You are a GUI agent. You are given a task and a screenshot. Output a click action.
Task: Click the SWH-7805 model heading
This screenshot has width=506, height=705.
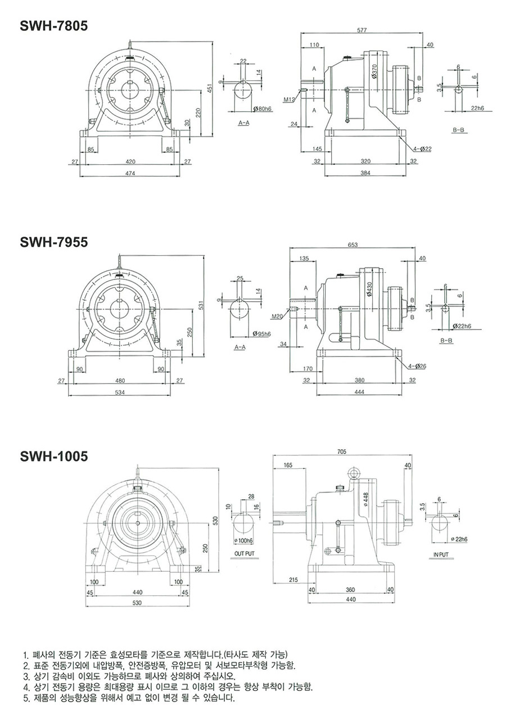pos(54,26)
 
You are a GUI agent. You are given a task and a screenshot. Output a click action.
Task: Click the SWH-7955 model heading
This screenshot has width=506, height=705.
pos(54,242)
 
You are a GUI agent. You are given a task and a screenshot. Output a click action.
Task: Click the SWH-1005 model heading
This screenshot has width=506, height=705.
pos(54,456)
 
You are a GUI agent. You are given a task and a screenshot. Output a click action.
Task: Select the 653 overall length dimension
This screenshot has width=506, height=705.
pos(353,245)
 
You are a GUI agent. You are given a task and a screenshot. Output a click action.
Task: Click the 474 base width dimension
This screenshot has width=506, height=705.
pos(130,173)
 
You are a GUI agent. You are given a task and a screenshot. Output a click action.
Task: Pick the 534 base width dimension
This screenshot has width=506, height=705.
pos(120,392)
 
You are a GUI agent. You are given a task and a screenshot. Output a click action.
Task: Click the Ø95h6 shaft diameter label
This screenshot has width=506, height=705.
pos(263,334)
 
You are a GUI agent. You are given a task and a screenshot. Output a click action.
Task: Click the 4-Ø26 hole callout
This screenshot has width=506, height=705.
pos(417,366)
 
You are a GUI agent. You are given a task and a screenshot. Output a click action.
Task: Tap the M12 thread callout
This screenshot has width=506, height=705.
pos(290,100)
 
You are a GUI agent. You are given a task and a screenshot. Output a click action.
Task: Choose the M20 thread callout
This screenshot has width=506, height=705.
pos(277,317)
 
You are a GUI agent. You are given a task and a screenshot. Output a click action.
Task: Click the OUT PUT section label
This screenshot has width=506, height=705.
pos(245,554)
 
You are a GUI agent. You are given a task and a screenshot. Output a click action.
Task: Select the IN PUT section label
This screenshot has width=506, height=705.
pos(441,554)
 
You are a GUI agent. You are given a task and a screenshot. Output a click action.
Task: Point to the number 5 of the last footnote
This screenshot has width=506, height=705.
pos(25,699)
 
